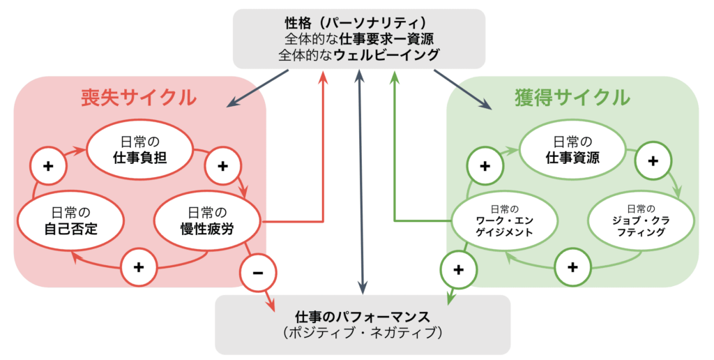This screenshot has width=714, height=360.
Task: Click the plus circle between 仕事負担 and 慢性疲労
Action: coord(222,166)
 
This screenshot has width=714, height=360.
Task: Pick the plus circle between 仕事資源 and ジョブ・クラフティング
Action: coord(653,160)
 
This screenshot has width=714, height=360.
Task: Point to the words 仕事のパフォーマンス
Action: coord(362,315)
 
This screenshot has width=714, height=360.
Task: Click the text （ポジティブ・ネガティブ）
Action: coord(362,333)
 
